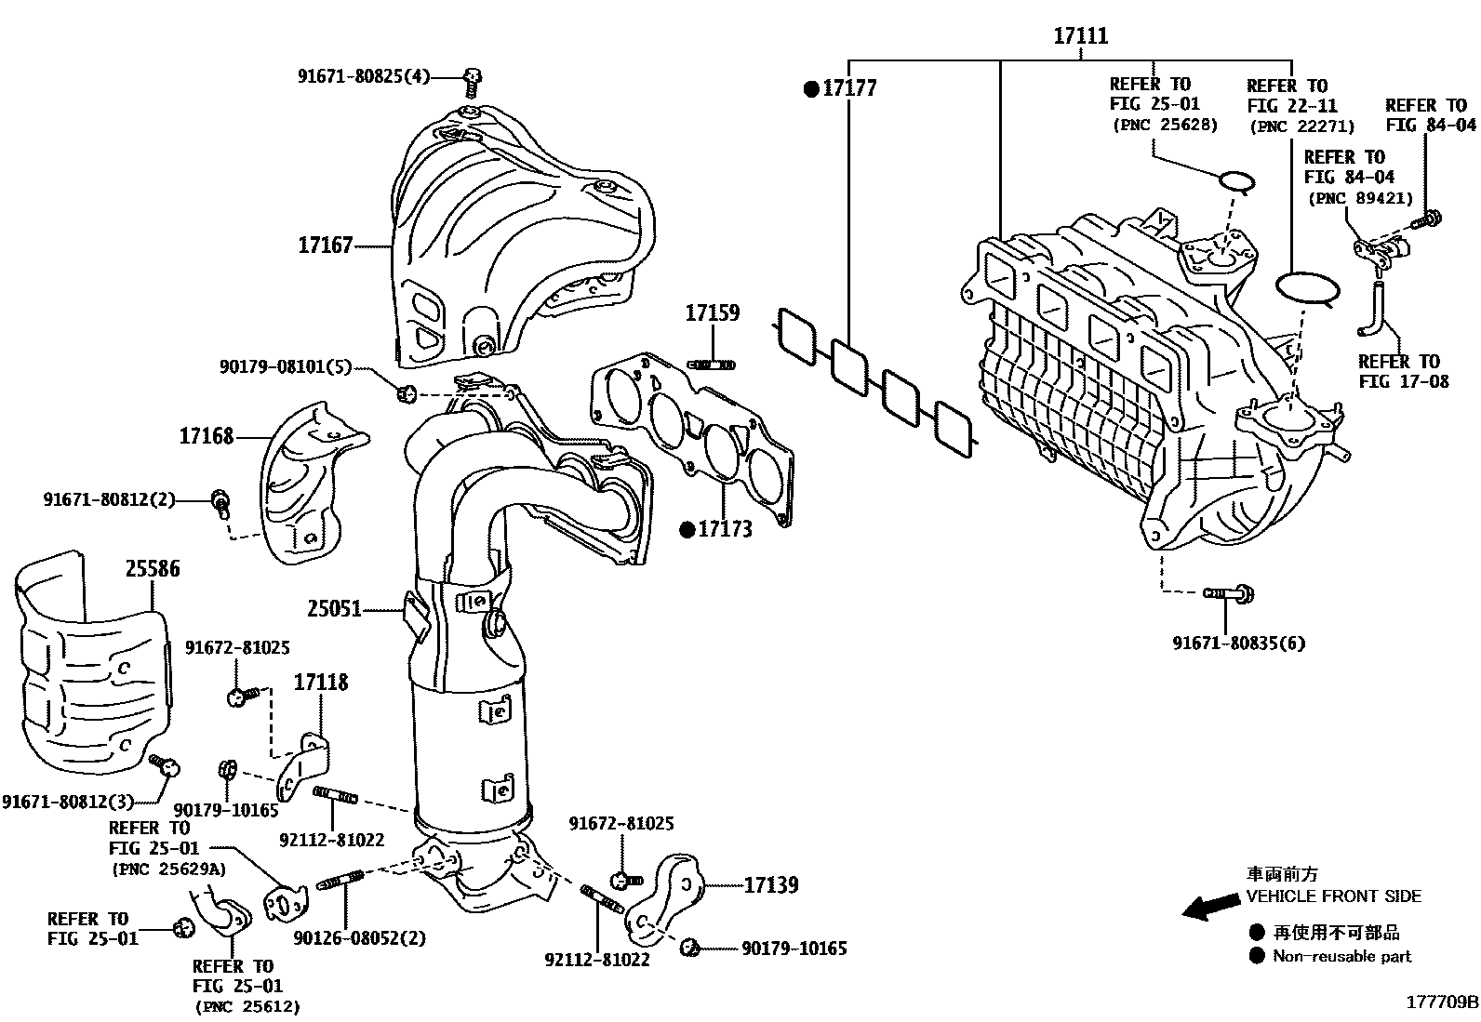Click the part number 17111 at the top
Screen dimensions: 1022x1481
[x=1080, y=36]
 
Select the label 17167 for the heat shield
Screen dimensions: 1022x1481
[x=326, y=246]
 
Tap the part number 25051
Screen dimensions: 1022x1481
[x=334, y=610]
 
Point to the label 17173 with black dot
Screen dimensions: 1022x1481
[x=725, y=530]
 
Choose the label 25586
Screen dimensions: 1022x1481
[x=153, y=568]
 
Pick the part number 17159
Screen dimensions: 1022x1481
[x=713, y=313]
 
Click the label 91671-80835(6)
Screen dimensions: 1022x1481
[x=1238, y=643]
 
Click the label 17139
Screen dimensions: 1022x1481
[x=770, y=885]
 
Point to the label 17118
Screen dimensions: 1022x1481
[x=321, y=683]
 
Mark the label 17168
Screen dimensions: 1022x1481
[x=207, y=436]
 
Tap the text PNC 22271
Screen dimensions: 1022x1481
[x=1301, y=126]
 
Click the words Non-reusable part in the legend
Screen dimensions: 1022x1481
[x=1341, y=956]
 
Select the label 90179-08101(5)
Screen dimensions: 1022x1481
[x=286, y=367]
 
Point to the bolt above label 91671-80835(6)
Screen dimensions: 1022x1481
[x=1227, y=592]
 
